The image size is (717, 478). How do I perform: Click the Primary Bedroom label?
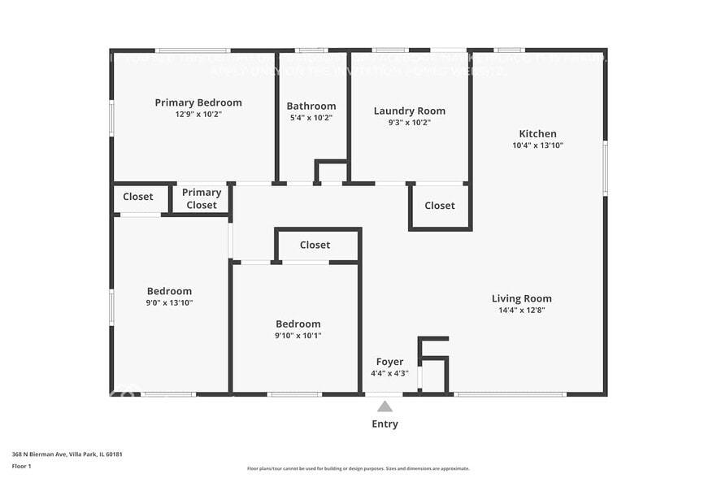[198, 102]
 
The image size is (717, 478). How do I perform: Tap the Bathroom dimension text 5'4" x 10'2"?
[311, 118]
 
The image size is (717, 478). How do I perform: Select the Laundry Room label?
[409, 111]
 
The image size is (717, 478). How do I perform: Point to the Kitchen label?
[537, 134]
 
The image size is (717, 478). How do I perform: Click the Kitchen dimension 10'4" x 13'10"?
[537, 146]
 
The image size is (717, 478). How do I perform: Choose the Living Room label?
[521, 298]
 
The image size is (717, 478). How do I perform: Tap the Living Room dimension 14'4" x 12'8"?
[521, 310]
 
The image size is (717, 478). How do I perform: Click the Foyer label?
[389, 362]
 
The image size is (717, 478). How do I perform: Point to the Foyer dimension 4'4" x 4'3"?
[389, 373]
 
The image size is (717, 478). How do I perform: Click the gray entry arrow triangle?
[385, 406]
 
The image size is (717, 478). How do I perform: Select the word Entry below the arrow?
[385, 424]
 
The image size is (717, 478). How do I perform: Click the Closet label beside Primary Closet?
[138, 197]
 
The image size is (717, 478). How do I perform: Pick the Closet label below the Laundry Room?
[440, 206]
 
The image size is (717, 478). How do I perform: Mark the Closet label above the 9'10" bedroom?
[315, 245]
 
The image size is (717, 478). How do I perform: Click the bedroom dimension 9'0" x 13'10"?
[169, 302]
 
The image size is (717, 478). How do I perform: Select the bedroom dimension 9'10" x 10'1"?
[298, 335]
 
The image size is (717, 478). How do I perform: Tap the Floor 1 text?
[21, 466]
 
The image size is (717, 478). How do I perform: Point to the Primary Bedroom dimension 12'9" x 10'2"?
[198, 115]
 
